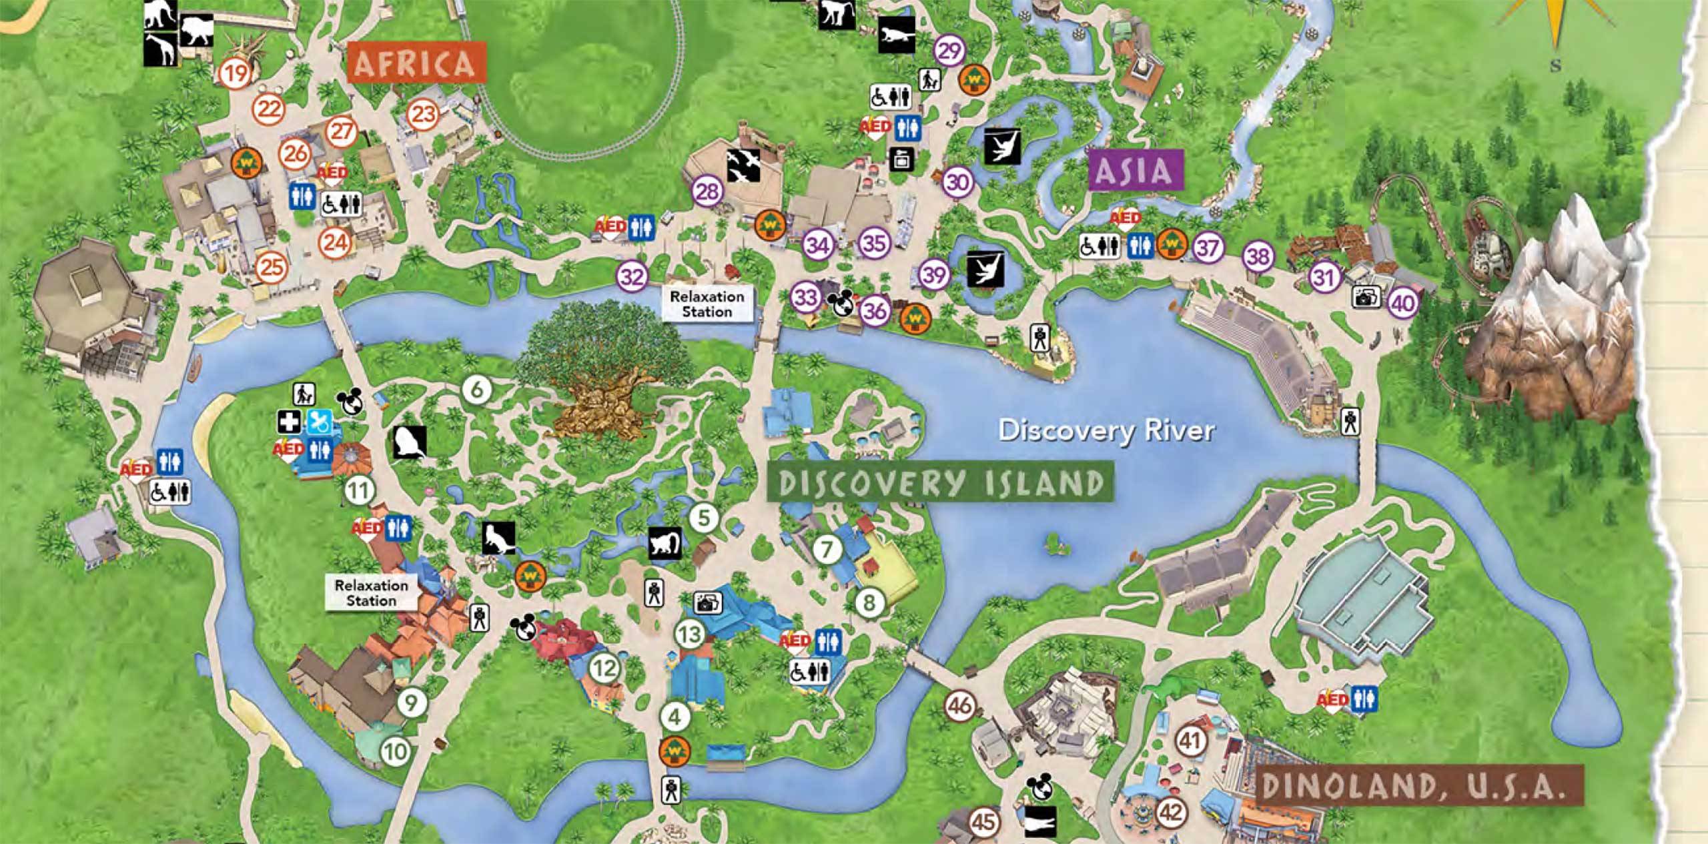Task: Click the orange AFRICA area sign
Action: (414, 63)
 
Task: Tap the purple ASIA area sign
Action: (1135, 171)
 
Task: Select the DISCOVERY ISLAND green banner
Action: (941, 483)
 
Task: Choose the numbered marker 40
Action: (1402, 304)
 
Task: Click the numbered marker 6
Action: (476, 390)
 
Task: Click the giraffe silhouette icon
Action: (161, 49)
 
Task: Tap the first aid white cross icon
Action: (290, 422)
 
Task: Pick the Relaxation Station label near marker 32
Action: (707, 304)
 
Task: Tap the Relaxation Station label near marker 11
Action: (371, 592)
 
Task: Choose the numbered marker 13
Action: (689, 633)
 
